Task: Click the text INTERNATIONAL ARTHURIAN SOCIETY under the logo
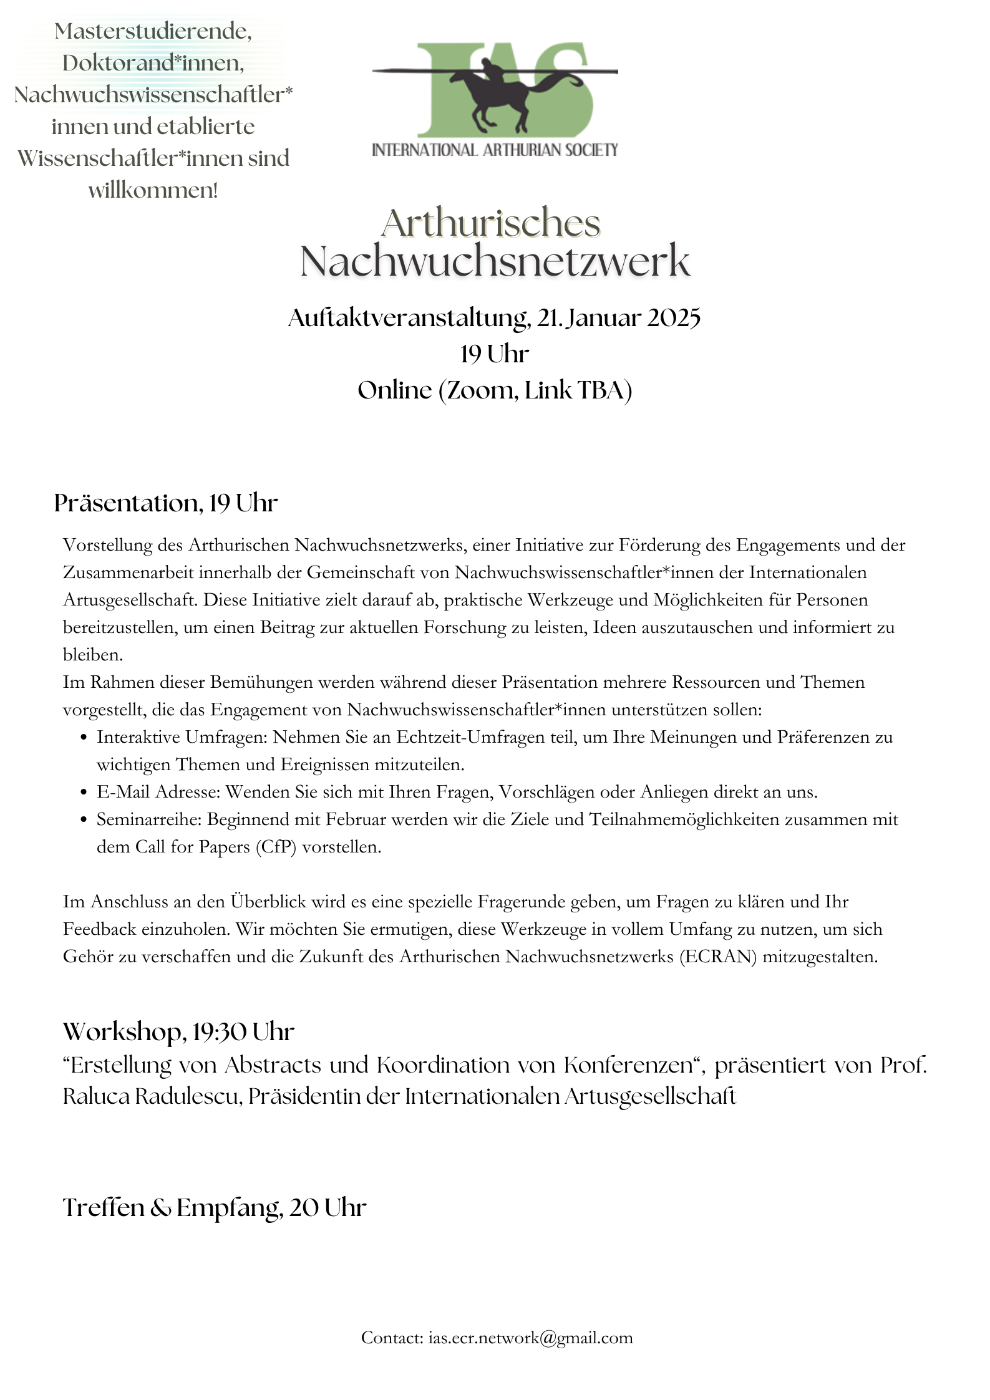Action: tap(495, 150)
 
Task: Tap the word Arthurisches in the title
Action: tap(491, 223)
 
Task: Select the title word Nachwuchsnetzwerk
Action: tap(495, 261)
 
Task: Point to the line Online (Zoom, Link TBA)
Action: tap(495, 390)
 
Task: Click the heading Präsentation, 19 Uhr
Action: tap(166, 503)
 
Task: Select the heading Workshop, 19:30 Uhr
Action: tap(178, 1032)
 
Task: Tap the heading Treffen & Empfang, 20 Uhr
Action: tap(215, 1208)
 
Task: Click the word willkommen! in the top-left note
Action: tap(153, 190)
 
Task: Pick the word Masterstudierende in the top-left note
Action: tap(153, 31)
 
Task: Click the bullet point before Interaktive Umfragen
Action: tap(84, 738)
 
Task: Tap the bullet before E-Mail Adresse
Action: tap(84, 793)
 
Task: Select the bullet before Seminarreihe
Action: tap(84, 820)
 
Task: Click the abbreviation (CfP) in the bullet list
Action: tap(276, 847)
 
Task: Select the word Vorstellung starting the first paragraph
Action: tap(107, 545)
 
